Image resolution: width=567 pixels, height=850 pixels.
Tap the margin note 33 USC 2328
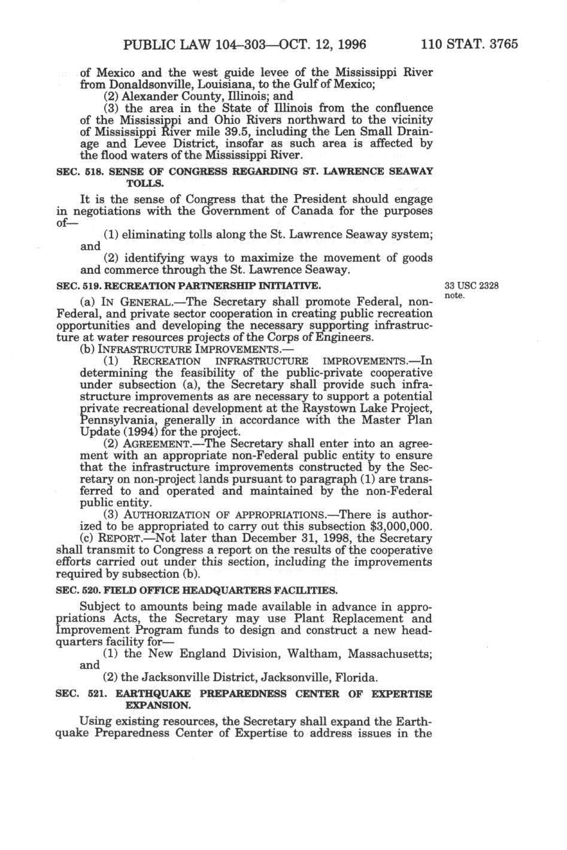click(x=472, y=286)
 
